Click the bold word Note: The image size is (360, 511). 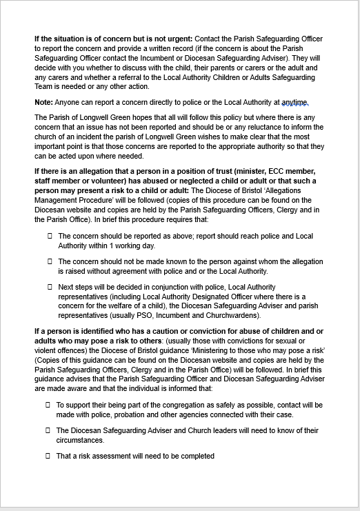[x=44, y=102]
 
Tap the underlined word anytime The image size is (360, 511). [x=294, y=102]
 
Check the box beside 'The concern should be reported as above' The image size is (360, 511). [x=50, y=236]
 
